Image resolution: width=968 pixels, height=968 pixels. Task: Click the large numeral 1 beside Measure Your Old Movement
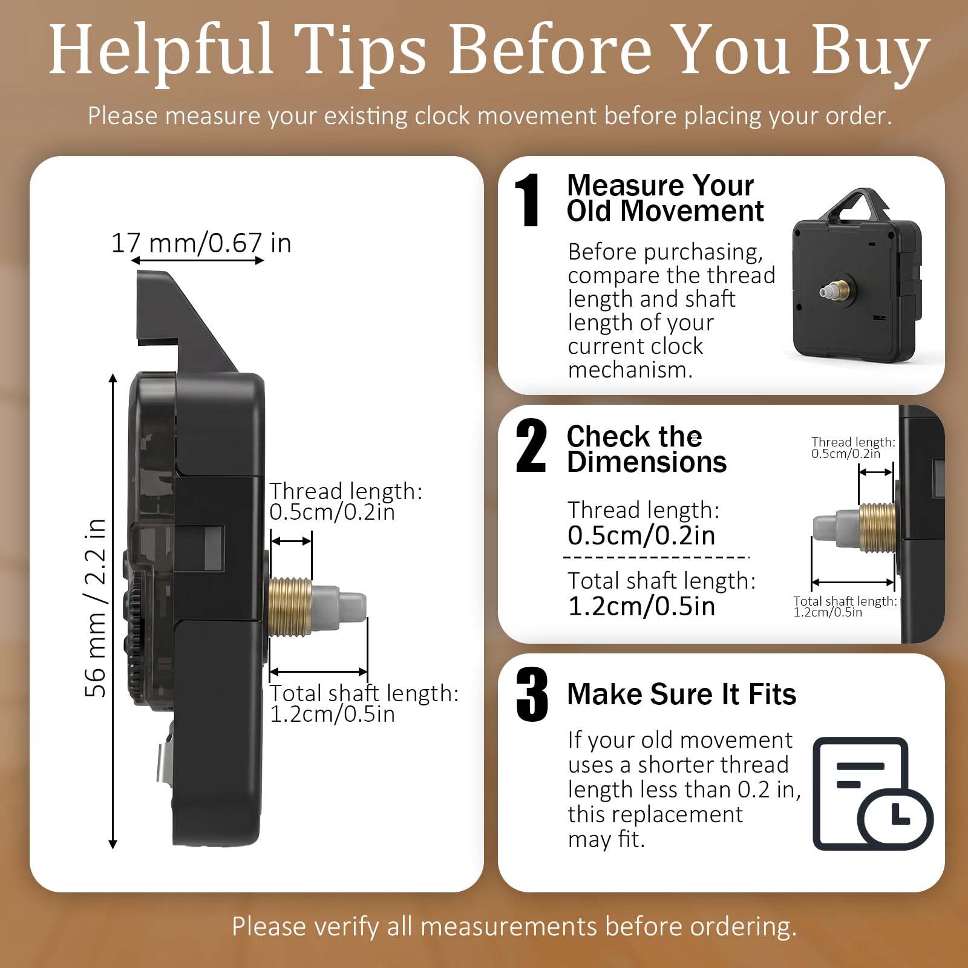(x=528, y=200)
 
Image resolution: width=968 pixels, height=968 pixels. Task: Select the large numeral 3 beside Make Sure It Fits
(x=532, y=695)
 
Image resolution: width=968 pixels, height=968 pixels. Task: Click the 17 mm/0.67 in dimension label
(x=201, y=243)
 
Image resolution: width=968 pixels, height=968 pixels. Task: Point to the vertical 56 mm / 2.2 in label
(x=96, y=608)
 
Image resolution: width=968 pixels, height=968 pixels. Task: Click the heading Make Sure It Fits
(x=681, y=694)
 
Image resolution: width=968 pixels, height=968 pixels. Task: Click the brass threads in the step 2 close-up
(x=877, y=527)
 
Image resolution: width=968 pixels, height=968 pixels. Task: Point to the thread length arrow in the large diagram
(x=291, y=541)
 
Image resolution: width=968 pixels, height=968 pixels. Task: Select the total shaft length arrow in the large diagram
(x=318, y=672)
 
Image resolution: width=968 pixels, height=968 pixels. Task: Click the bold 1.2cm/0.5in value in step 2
(x=641, y=606)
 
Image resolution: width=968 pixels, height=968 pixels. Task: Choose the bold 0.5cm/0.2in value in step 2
(x=641, y=535)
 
